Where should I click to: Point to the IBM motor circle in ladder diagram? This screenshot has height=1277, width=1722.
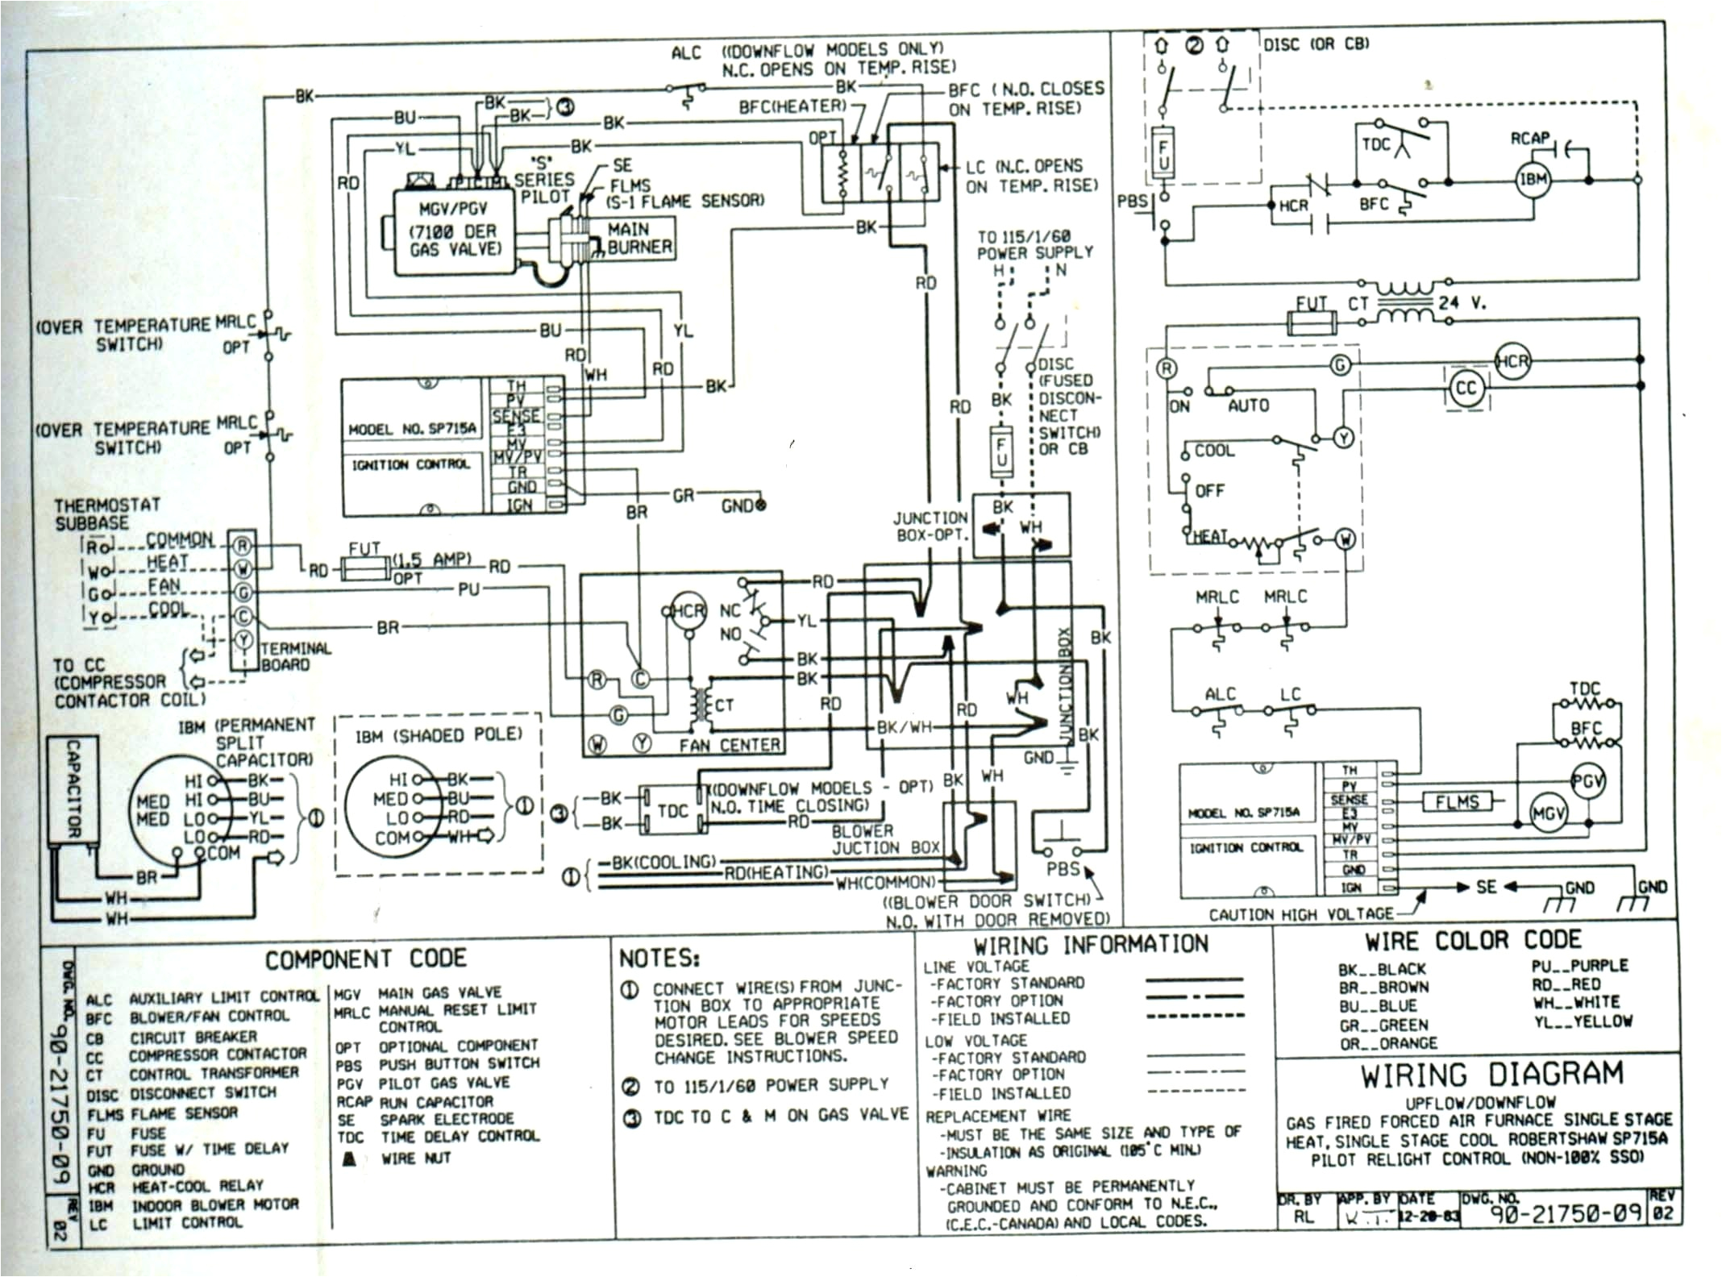pos(1533,179)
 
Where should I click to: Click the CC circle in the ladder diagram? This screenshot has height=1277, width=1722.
pos(1466,389)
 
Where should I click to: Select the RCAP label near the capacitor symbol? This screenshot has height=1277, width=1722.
pos(1529,139)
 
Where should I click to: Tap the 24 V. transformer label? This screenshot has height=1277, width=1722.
pos(1462,303)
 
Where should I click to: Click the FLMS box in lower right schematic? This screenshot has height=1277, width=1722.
pos(1457,801)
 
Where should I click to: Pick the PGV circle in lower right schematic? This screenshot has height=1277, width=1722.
pos(1587,781)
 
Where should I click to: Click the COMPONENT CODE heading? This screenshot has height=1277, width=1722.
pos(365,959)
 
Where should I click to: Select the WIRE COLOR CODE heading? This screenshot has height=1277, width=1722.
pos(1472,940)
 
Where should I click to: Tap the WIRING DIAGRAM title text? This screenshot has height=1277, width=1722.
pos(1480,1075)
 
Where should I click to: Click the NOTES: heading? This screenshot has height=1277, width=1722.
pos(659,958)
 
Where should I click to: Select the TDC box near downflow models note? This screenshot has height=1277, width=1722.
pos(672,810)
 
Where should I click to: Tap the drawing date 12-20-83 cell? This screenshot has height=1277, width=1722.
pos(1429,1217)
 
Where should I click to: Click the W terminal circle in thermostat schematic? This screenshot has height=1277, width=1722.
pos(1345,539)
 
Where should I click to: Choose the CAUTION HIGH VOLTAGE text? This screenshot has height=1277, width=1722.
pos(1300,913)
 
